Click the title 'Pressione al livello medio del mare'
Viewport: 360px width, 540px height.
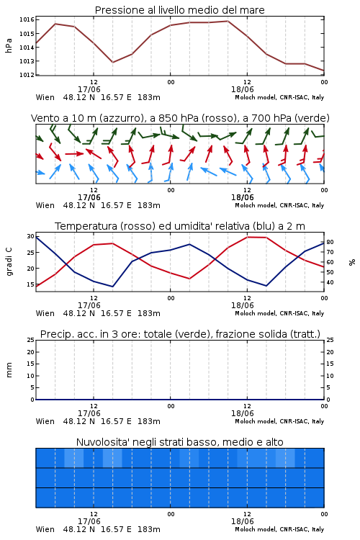pos(179,10)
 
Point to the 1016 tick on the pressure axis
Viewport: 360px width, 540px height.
pos(27,19)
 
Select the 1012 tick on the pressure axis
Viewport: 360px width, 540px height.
pos(27,75)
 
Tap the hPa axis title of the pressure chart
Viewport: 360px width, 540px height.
pos(9,45)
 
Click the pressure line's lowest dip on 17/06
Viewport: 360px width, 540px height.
pos(112,63)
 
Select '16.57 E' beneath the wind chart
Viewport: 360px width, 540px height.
pos(116,205)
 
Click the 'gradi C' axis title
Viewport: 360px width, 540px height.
pos(9,261)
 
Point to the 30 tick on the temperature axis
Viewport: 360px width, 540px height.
pos(30,236)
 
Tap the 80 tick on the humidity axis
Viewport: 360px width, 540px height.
pos(330,242)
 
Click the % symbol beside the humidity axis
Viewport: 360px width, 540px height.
pos(352,262)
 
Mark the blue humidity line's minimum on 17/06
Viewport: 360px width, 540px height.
pos(112,287)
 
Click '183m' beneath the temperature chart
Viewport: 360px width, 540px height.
pos(149,313)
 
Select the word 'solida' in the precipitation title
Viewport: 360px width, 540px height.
pos(272,334)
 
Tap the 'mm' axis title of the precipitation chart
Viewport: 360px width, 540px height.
pos(9,369)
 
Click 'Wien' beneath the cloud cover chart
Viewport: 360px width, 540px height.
pos(45,529)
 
